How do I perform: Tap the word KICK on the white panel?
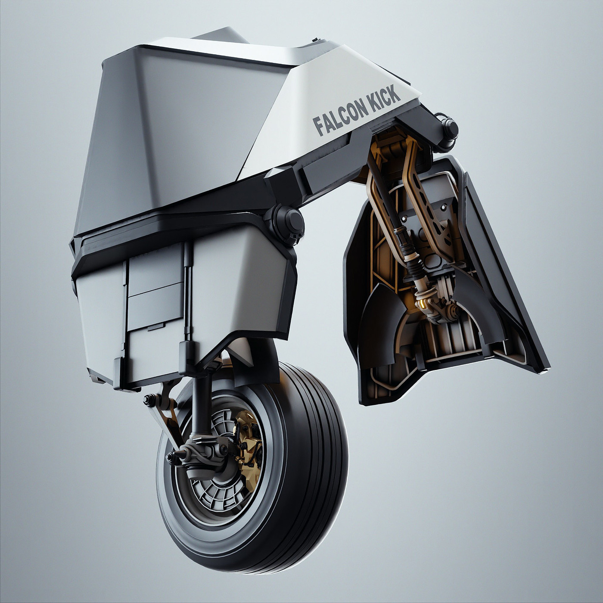click(x=385, y=97)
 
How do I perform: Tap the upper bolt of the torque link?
click(x=149, y=401)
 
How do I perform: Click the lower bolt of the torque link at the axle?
click(x=172, y=457)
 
